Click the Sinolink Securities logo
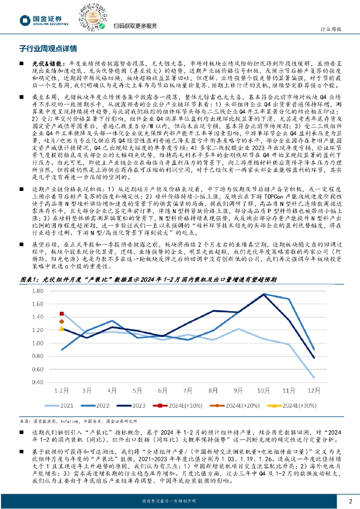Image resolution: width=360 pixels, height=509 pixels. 37,20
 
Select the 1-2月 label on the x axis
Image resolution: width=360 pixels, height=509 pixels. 61,390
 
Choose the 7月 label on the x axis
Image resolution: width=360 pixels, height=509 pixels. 187,390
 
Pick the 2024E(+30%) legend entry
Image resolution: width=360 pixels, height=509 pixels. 298,406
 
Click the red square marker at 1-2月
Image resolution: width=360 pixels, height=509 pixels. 62,314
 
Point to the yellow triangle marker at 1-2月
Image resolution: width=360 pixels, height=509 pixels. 62,328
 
